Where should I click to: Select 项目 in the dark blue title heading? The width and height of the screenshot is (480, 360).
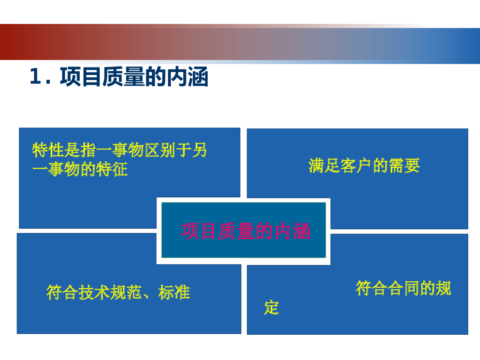(81, 76)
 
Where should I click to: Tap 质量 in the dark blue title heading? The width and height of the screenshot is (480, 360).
(123, 76)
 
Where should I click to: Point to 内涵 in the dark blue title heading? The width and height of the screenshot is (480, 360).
(187, 76)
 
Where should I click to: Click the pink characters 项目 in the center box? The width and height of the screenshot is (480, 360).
(199, 231)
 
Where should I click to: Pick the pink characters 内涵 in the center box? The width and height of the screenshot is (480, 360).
(292, 231)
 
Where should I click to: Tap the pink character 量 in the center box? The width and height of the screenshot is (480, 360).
(246, 231)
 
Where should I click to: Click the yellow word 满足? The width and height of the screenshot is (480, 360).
(324, 165)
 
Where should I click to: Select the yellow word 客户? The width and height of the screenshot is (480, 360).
(356, 165)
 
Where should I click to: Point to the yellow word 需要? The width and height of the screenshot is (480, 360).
(404, 165)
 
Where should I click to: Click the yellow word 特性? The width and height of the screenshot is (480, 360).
(48, 150)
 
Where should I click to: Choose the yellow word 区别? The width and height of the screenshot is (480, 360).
(160, 150)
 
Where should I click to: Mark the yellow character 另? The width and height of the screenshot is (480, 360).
(200, 150)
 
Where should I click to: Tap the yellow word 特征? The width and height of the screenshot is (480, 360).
(112, 169)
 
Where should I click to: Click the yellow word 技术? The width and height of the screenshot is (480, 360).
(94, 292)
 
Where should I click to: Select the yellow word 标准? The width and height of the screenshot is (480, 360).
(174, 292)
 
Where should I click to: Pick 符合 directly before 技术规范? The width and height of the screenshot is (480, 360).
(62, 292)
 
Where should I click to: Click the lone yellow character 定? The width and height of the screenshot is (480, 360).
(271, 307)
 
